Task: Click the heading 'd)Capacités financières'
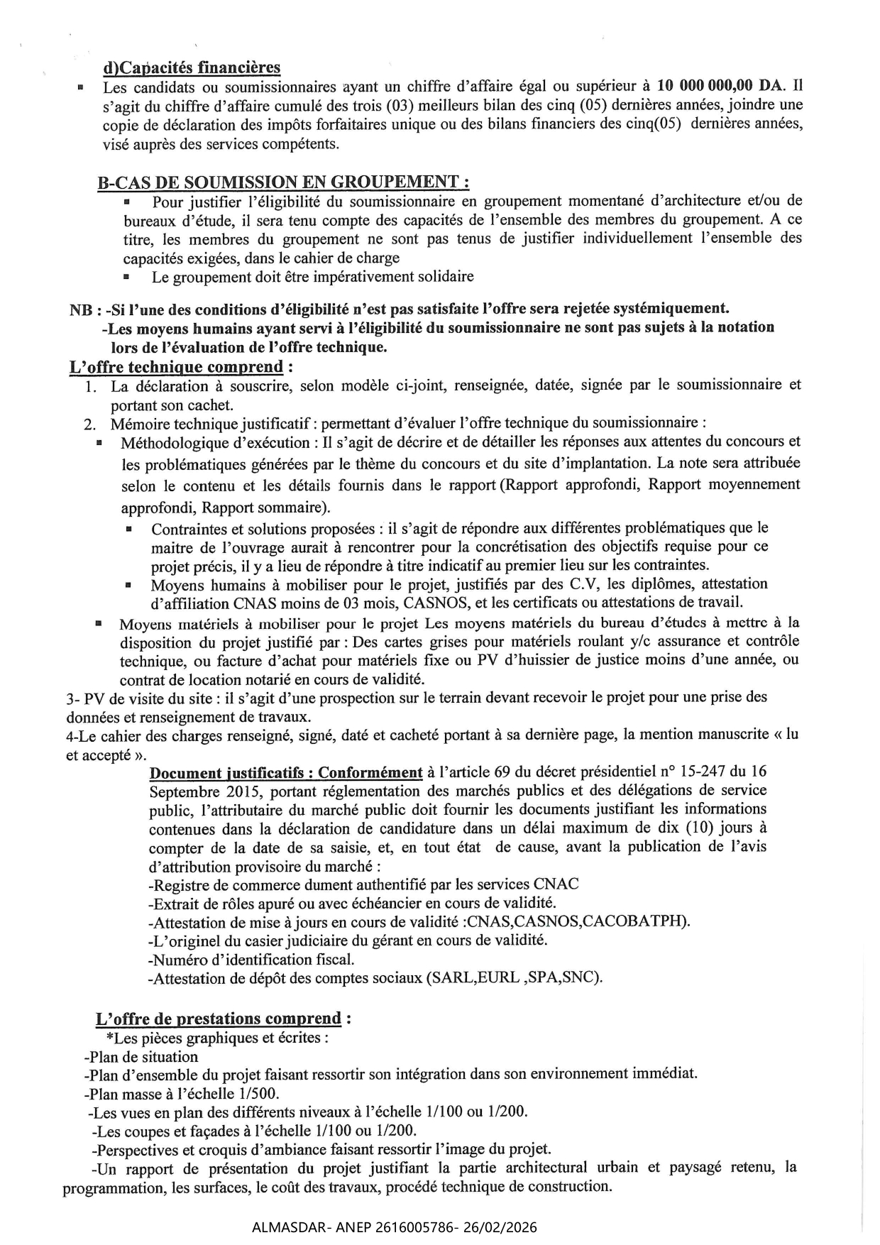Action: click(x=192, y=67)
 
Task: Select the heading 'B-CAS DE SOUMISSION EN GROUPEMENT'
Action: click(x=282, y=182)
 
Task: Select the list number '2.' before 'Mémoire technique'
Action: click(x=90, y=424)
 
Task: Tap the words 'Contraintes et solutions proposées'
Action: click(x=263, y=529)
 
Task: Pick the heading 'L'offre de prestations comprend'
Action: click(x=219, y=1019)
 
